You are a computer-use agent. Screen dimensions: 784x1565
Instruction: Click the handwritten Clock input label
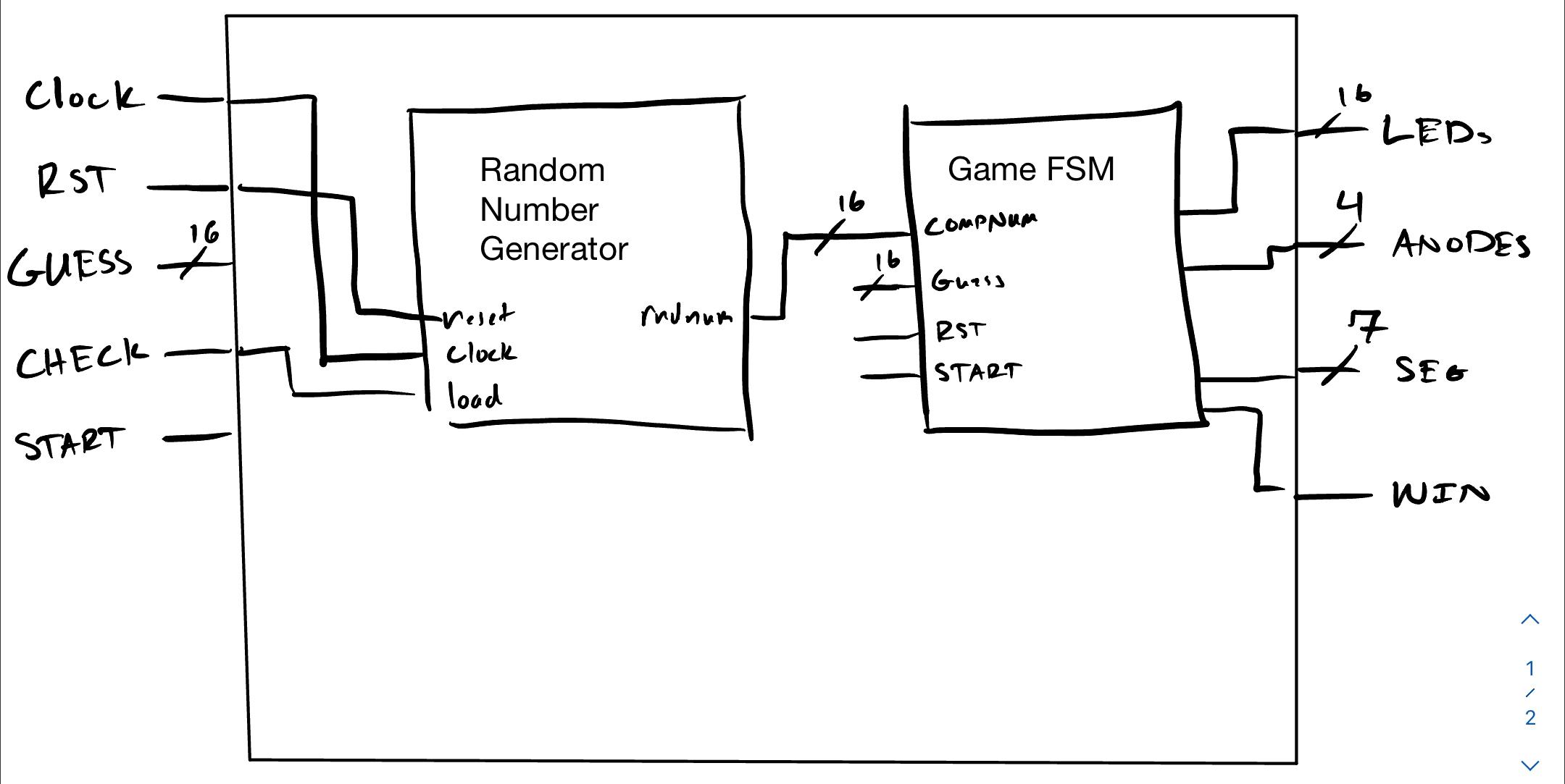83,96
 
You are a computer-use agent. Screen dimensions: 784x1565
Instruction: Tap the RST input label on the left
76,180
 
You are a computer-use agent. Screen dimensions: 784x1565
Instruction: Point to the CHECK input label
82,358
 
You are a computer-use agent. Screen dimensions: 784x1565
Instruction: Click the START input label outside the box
70,442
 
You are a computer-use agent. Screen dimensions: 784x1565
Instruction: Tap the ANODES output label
1461,244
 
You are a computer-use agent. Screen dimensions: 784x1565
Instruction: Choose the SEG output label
1431,371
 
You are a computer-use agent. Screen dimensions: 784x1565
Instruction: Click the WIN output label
1440,494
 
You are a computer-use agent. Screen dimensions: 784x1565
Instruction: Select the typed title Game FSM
1030,169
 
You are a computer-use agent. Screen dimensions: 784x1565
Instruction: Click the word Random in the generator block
542,171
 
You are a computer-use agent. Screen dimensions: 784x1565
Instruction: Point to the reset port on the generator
478,316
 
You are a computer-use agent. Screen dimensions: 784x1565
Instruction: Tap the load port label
475,397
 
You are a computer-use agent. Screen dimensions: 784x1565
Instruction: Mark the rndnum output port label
686,316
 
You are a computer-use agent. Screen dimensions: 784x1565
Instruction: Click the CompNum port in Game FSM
980,222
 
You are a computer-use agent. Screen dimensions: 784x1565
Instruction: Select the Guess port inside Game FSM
967,280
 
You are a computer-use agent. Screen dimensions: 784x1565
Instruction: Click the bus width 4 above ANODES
1350,206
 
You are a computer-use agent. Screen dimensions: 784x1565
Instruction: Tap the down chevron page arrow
1530,764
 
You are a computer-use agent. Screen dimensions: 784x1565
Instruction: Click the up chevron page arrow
1530,619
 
